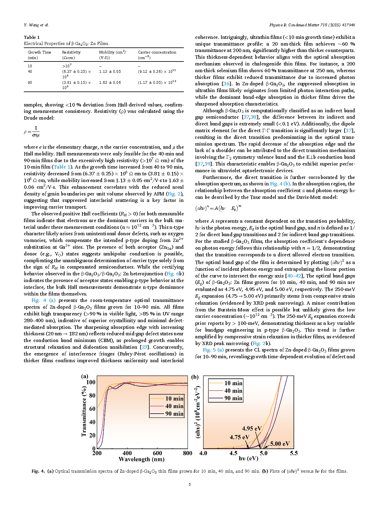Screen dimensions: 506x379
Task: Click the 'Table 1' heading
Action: click(32, 37)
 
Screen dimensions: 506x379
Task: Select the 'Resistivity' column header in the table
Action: click(71, 52)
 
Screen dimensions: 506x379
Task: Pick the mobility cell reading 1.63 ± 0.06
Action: click(110, 83)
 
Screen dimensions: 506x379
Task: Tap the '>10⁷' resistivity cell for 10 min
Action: click(67, 66)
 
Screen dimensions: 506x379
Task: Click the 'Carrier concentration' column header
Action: click(157, 52)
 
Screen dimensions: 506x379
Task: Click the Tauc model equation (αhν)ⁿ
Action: click(218, 208)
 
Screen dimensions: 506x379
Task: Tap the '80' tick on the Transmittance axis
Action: click(92, 395)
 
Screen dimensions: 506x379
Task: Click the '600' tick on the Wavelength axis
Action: click(157, 453)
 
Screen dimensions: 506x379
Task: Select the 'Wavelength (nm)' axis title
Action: click(141, 459)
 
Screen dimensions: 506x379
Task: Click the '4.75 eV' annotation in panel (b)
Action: click(239, 437)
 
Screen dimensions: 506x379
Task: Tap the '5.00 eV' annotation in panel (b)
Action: click(280, 444)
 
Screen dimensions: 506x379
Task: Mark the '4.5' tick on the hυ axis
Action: click(233, 453)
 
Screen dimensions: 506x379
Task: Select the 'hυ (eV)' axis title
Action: click(248, 458)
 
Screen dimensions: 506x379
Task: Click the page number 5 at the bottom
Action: click(190, 484)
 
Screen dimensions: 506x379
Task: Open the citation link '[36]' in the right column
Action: click(226, 84)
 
